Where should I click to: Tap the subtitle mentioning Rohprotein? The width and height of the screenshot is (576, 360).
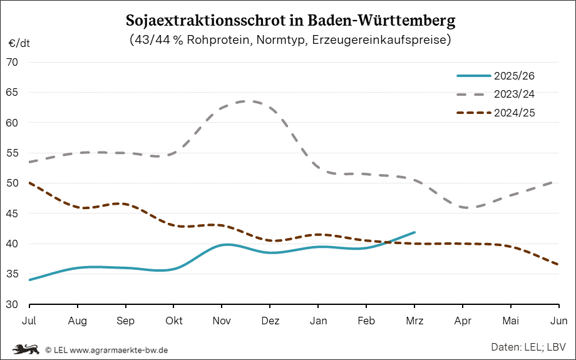[291, 40]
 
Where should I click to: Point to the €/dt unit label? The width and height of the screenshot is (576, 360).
[19, 44]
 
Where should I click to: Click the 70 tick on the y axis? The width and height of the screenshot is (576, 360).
[13, 63]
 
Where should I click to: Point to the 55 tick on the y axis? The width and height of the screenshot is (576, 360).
[13, 153]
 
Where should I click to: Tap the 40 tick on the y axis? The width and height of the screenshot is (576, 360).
[13, 244]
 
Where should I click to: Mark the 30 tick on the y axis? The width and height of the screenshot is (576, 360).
[13, 305]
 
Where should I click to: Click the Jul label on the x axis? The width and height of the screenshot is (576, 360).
[29, 321]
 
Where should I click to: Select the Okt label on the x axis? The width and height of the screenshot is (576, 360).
[173, 321]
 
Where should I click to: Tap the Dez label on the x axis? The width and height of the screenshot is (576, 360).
[270, 321]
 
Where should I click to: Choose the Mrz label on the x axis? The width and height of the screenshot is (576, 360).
[414, 321]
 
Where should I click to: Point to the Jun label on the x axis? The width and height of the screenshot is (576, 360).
[558, 321]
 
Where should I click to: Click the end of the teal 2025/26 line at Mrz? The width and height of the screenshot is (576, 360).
[414, 232]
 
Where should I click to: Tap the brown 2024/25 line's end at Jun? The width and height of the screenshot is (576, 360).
[558, 265]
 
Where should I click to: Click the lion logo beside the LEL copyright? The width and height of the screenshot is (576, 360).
[26, 348]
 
